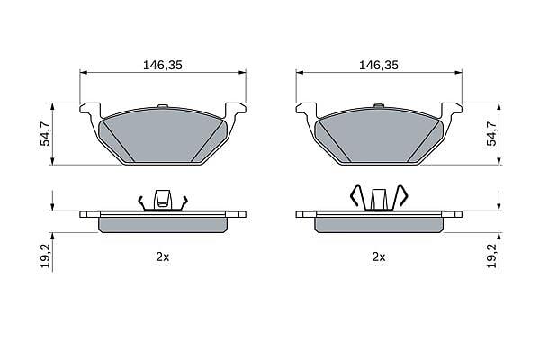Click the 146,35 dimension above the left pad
[163, 65]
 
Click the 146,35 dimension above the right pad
[379, 65]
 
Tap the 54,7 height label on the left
[46, 134]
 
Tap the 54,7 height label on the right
[493, 134]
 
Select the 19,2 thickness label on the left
[46, 256]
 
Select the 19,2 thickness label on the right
[493, 256]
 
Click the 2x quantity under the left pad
[163, 256]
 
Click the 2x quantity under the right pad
[379, 256]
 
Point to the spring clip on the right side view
[379, 198]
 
